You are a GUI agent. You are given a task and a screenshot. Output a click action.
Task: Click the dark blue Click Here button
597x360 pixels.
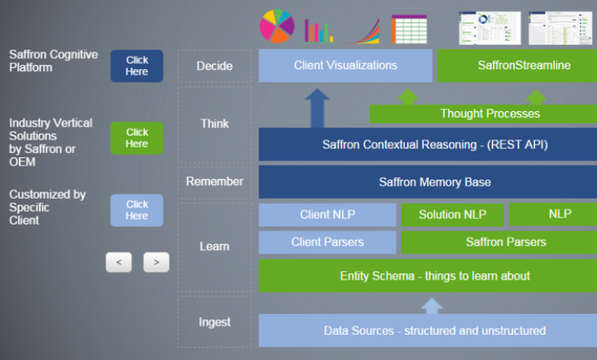136,66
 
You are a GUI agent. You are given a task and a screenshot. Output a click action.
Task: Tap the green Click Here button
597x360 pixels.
136,138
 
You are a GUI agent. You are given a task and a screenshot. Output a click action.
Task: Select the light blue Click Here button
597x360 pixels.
136,210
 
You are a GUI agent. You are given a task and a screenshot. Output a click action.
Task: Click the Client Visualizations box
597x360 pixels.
345,65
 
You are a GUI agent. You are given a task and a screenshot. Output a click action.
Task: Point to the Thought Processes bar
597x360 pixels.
483,114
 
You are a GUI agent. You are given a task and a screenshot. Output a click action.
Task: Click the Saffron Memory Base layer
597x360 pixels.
427,182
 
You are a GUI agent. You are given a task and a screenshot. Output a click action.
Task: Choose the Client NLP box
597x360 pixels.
327,214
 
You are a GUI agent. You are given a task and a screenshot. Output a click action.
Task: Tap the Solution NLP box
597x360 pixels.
451,214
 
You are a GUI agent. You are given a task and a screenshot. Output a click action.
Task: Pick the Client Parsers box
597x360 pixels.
327,242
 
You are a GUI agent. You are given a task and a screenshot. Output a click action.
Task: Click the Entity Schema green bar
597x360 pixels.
427,275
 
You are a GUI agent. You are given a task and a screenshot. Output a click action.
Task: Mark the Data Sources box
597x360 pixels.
427,330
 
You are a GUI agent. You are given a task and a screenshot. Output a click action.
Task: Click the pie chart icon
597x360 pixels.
276,27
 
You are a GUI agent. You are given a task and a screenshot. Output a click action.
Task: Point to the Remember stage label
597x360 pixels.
214,182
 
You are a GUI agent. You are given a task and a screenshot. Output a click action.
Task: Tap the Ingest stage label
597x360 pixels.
214,322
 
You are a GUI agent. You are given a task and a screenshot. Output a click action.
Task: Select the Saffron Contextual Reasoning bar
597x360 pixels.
427,145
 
